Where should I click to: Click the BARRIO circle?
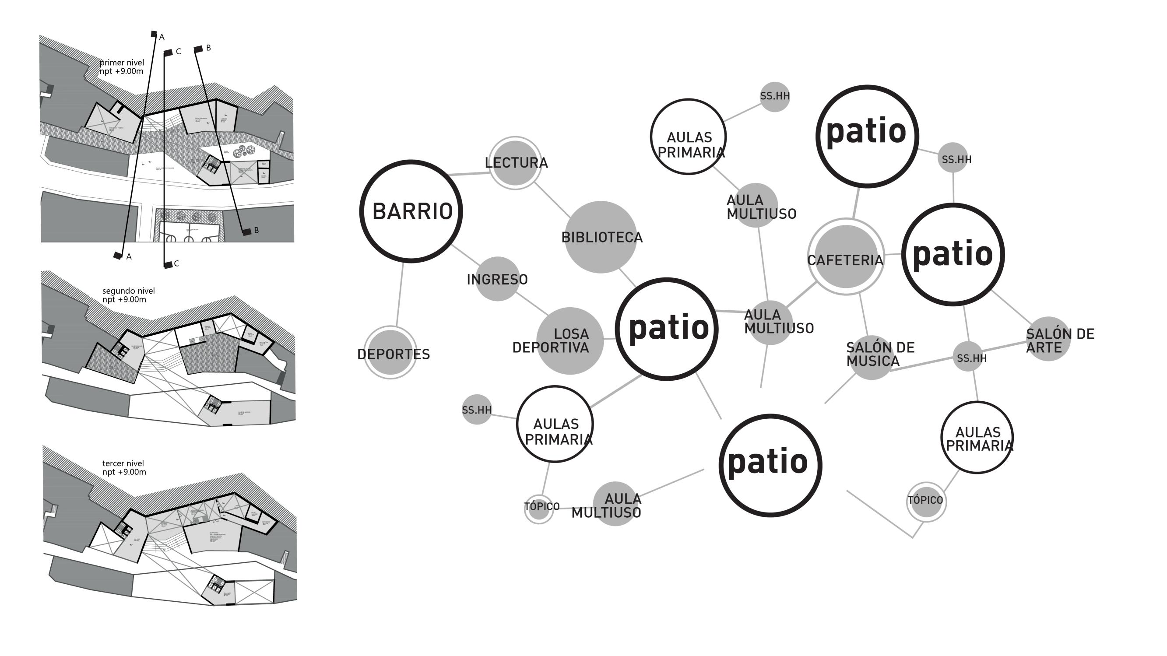(411, 211)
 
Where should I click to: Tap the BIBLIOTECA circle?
(601, 237)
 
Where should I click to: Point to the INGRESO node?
(497, 279)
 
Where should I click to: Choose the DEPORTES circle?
(390, 352)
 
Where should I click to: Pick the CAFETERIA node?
(845, 257)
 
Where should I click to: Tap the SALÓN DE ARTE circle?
(1048, 339)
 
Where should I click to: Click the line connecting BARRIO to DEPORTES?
(400, 295)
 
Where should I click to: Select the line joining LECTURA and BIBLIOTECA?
(552, 200)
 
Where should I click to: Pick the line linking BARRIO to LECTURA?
(469, 173)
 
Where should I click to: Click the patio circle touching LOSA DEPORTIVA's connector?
(666, 329)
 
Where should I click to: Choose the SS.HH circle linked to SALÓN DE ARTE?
(968, 357)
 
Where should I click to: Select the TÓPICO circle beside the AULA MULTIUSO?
(539, 509)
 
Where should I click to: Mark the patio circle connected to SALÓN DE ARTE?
(953, 254)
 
